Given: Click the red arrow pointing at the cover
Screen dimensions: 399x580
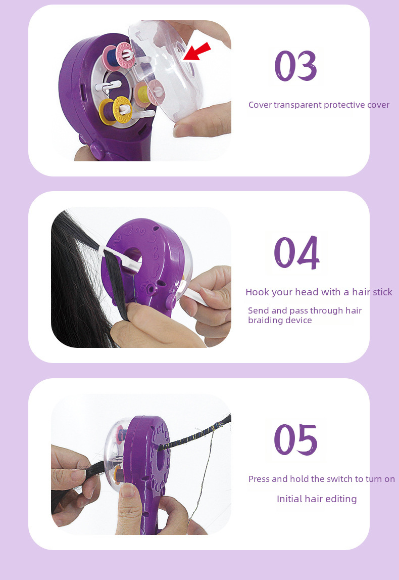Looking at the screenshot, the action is coord(197,52).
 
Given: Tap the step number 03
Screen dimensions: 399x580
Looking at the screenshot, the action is coord(295,66).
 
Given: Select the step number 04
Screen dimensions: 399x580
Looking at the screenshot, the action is coord(296,252).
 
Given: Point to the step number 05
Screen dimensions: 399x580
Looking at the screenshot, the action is coord(295,439).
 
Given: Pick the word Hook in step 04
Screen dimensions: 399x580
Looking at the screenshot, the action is coord(257,292).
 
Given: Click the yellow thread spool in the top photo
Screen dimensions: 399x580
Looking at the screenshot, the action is coord(115,110).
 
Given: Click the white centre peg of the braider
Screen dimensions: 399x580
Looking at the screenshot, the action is coord(108,86).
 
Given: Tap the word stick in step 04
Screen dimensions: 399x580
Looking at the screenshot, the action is coord(382,292).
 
